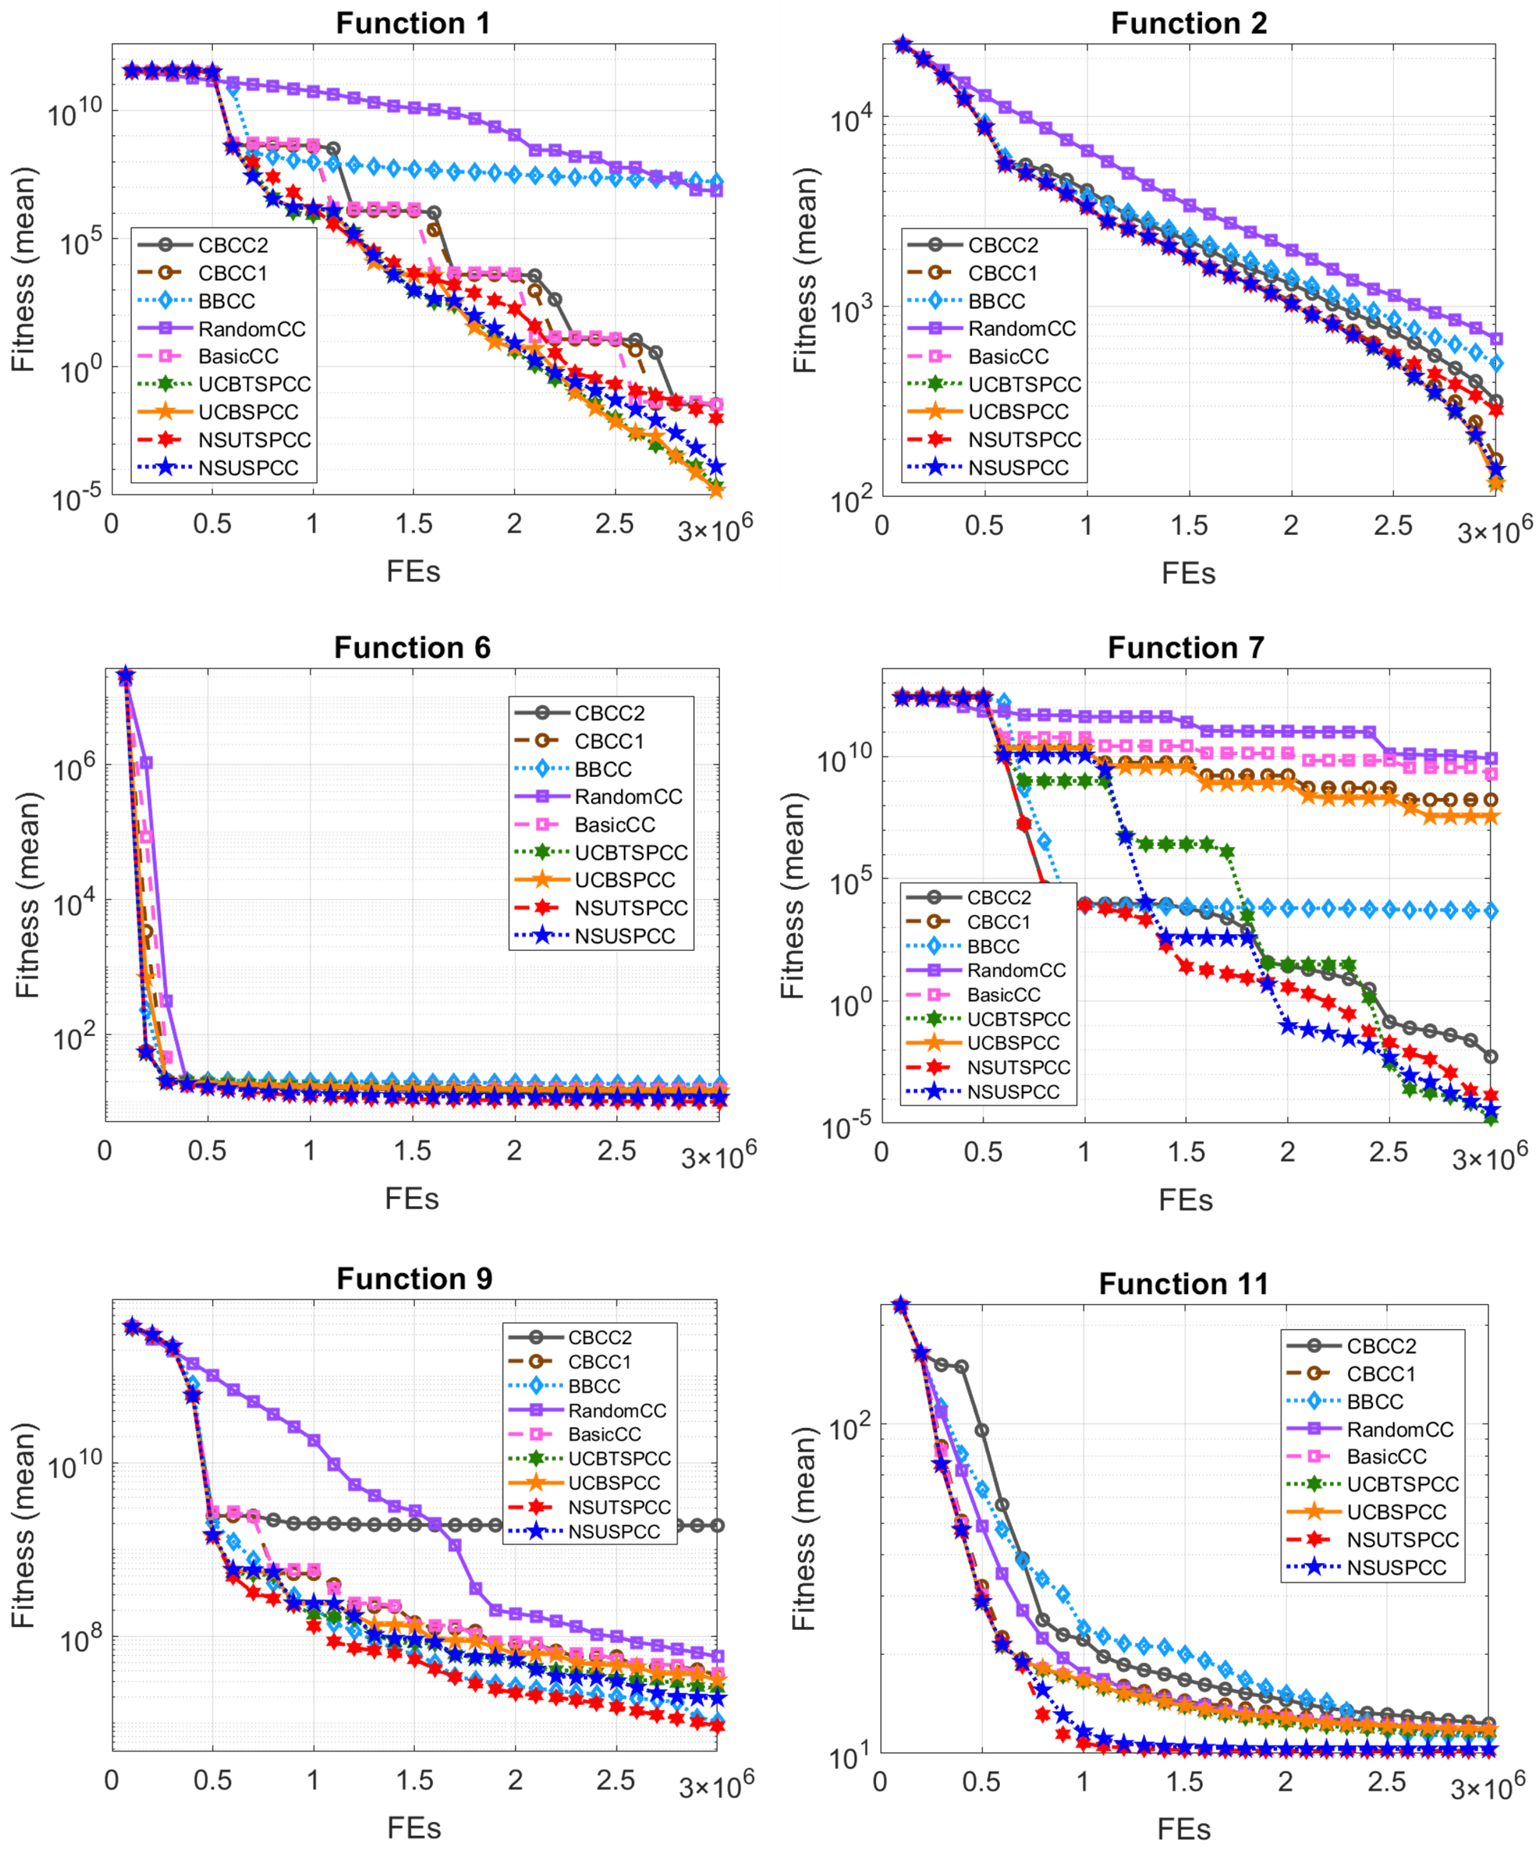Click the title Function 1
tap(412, 23)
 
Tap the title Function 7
tap(1186, 648)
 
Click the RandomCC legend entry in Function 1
tap(251, 329)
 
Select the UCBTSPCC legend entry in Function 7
tap(1018, 1019)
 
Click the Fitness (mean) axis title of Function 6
tap(28, 895)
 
